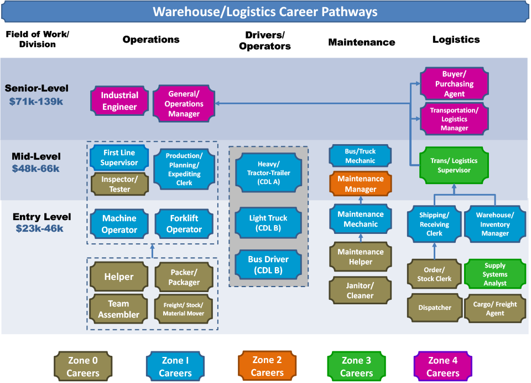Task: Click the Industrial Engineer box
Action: pos(119,101)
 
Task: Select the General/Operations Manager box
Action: pos(184,104)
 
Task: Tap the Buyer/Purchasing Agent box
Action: pos(454,84)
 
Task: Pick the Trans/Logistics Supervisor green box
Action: pos(454,165)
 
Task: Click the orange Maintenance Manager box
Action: pos(360,183)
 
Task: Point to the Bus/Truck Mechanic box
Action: pos(360,156)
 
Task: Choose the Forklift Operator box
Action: pos(184,224)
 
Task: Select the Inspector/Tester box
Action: pos(119,184)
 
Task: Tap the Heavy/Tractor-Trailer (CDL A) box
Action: pos(269,173)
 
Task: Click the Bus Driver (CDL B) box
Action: pos(269,265)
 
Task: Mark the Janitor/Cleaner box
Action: pos(360,290)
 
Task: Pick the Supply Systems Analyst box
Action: pos(494,274)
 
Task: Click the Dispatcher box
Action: pos(435,308)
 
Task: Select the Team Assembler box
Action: pos(119,309)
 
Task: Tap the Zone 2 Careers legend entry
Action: pos(267,366)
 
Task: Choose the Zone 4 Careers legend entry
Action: pos(442,366)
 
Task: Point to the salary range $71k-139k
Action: pos(36,102)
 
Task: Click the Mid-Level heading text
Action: pos(36,156)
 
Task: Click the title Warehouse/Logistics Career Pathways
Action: pos(265,12)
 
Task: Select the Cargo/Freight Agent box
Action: pos(494,309)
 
